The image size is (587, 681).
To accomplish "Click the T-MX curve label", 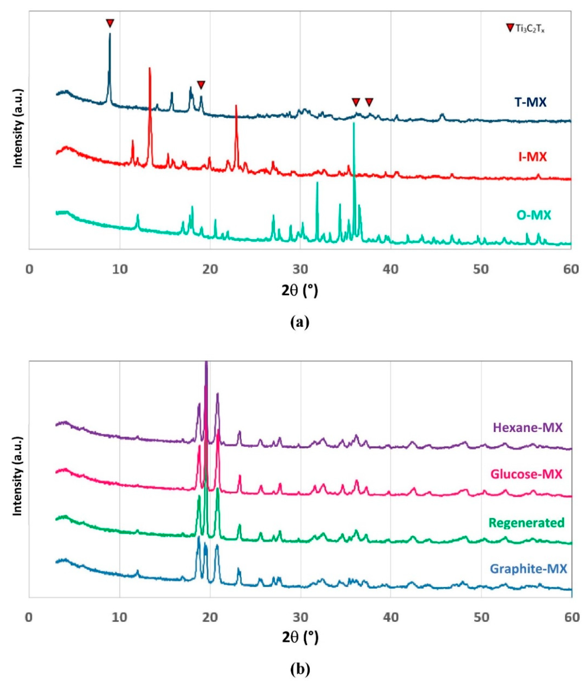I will (x=530, y=103).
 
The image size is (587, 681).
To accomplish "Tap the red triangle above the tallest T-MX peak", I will (x=110, y=23).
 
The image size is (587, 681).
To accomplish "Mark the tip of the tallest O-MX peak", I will (x=354, y=123).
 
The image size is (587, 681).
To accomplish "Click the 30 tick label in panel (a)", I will (x=300, y=270).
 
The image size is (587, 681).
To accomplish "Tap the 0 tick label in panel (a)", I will (x=29, y=270).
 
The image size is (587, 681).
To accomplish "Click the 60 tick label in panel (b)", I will (x=572, y=618).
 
